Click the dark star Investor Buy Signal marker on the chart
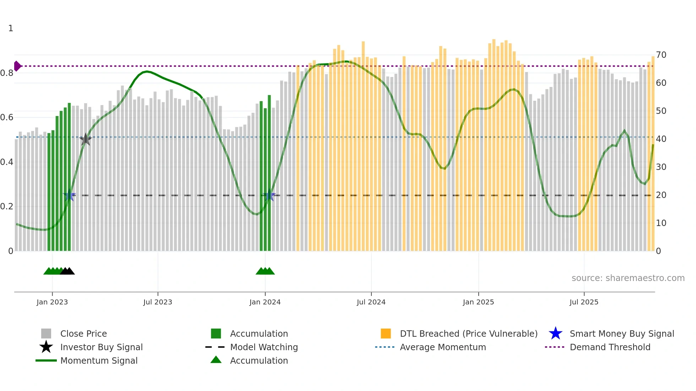(85, 139)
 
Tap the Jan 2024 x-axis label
(265, 302)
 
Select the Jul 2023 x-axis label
(158, 302)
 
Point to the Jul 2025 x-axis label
(584, 302)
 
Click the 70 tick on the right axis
(661, 55)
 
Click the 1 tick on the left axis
(11, 28)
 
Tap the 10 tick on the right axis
(661, 223)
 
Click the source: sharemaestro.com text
(628, 278)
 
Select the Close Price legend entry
(83, 334)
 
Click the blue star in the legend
(555, 334)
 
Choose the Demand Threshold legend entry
(610, 347)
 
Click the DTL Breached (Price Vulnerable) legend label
(468, 334)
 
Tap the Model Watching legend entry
(264, 347)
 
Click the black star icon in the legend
(46, 347)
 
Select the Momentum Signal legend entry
(99, 360)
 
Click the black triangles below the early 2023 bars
(67, 271)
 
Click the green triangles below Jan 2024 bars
(265, 271)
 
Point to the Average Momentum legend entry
(442, 347)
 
